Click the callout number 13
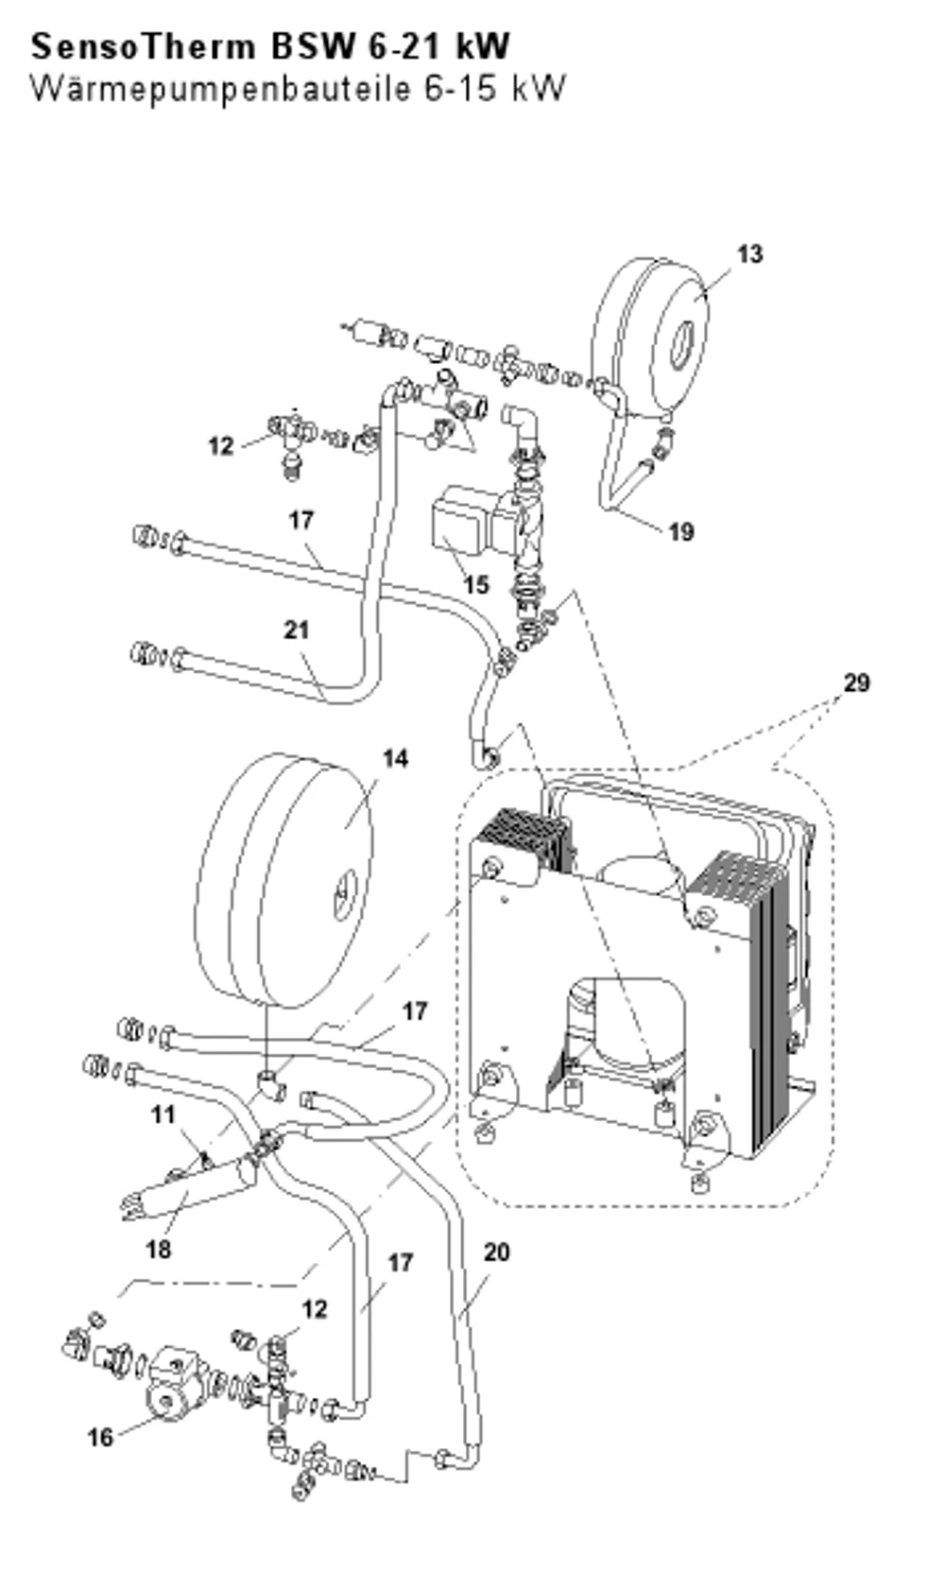pyautogui.click(x=749, y=254)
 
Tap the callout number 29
pyautogui.click(x=855, y=682)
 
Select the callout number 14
pyautogui.click(x=395, y=758)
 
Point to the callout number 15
pyautogui.click(x=476, y=584)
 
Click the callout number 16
pyautogui.click(x=101, y=1437)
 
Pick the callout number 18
pyautogui.click(x=159, y=1249)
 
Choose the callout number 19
pyautogui.click(x=681, y=531)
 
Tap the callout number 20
pyautogui.click(x=496, y=1252)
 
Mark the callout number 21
pyautogui.click(x=297, y=630)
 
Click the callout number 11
pyautogui.click(x=163, y=1115)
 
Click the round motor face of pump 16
pyautogui.click(x=166, y=1404)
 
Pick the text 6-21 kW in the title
pyautogui.click(x=438, y=47)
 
